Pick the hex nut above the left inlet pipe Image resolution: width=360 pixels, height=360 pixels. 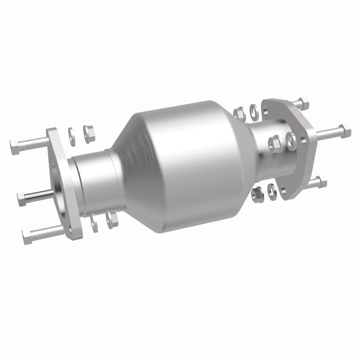tap(88, 131)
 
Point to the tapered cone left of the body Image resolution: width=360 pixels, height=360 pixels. tap(128, 148)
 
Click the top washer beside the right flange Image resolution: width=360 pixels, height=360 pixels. tap(254, 109)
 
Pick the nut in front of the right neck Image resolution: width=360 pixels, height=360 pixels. tap(273, 143)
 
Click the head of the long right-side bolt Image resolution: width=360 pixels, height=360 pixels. tap(346, 129)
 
